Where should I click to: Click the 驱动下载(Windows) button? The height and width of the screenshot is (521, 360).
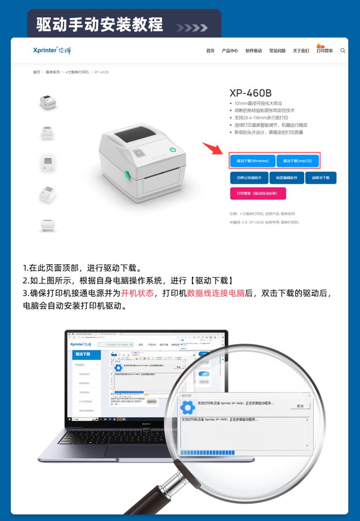pyautogui.click(x=253, y=161)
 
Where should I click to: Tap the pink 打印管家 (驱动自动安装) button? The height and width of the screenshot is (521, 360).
pyautogui.click(x=258, y=193)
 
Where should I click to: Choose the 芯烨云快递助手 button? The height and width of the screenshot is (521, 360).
pyautogui.click(x=248, y=178)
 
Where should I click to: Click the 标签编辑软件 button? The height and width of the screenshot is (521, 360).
pyautogui.click(x=286, y=178)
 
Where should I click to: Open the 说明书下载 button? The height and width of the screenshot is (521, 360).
pyautogui.click(x=321, y=178)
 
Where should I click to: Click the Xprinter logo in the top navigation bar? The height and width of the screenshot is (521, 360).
pyautogui.click(x=52, y=51)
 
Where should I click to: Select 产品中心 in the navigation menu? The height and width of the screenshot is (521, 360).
pyautogui.click(x=230, y=51)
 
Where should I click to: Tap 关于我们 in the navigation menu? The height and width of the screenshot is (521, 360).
pyautogui.click(x=301, y=51)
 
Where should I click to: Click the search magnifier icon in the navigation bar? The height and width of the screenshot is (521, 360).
pyautogui.click(x=343, y=51)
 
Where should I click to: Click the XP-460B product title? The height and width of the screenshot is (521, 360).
pyautogui.click(x=250, y=93)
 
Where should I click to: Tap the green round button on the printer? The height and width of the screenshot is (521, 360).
pyautogui.click(x=172, y=150)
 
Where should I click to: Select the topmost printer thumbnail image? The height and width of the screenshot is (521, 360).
pyautogui.click(x=48, y=101)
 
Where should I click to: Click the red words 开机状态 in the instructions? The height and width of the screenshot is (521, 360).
pyautogui.click(x=137, y=294)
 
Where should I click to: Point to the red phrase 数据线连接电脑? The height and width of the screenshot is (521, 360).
pyautogui.click(x=216, y=294)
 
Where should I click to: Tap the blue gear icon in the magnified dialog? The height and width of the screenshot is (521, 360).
pyautogui.click(x=187, y=407)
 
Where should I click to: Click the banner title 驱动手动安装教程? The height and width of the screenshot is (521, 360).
pyautogui.click(x=99, y=24)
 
